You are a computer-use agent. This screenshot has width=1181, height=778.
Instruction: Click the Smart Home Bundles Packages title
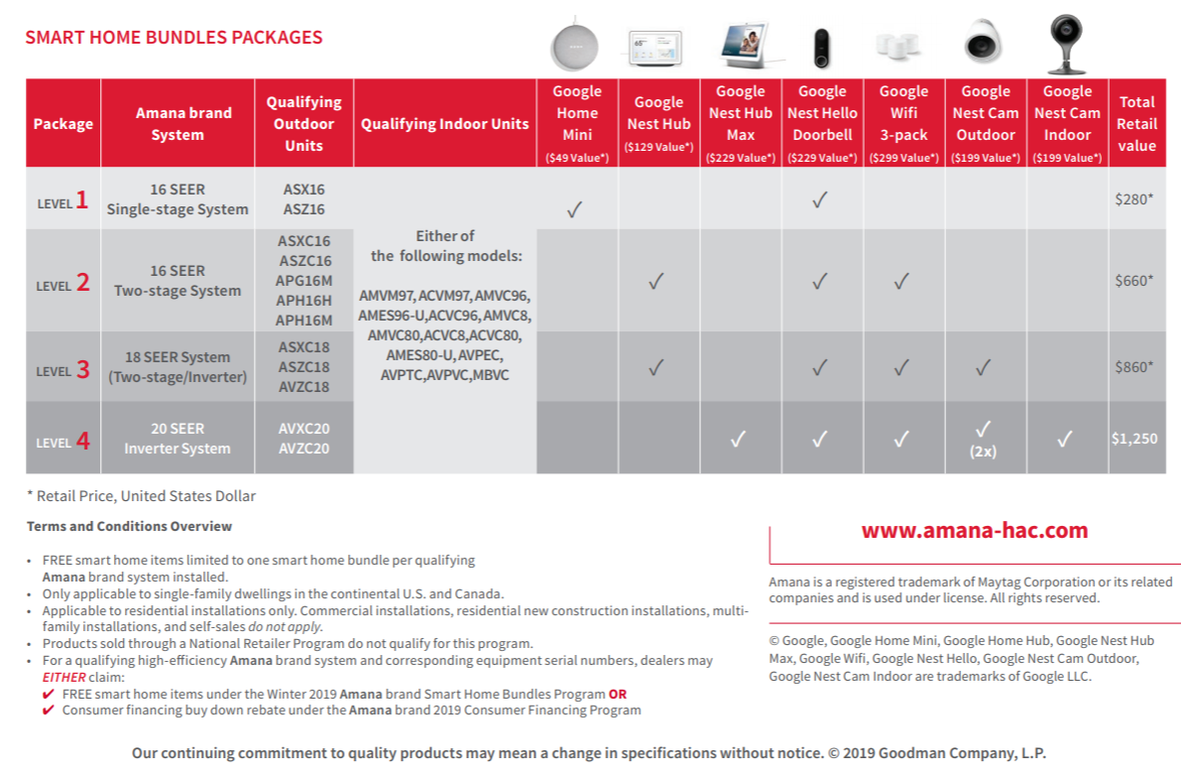174,38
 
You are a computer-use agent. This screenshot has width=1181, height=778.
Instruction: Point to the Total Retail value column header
1136,123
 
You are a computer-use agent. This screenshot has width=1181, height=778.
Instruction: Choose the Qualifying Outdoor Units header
303,123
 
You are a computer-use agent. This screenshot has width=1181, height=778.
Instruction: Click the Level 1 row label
62,201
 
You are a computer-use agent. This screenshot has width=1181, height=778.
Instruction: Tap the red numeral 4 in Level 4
83,440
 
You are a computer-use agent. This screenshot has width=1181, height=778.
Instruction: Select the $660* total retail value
1134,281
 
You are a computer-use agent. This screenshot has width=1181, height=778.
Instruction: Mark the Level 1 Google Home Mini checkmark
574,209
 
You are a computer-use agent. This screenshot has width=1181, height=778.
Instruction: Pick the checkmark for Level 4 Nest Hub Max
738,440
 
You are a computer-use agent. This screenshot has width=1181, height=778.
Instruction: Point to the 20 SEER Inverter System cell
177,439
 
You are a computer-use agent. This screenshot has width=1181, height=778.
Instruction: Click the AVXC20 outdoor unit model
303,429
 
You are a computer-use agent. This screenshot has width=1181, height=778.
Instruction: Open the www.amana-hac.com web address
974,531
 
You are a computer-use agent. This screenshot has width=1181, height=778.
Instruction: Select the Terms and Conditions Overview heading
129,526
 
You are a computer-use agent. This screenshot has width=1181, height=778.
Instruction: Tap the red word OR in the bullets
618,694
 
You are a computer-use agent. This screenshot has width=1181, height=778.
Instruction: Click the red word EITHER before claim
63,677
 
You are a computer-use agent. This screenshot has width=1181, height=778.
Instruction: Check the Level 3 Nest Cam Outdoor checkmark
983,368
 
